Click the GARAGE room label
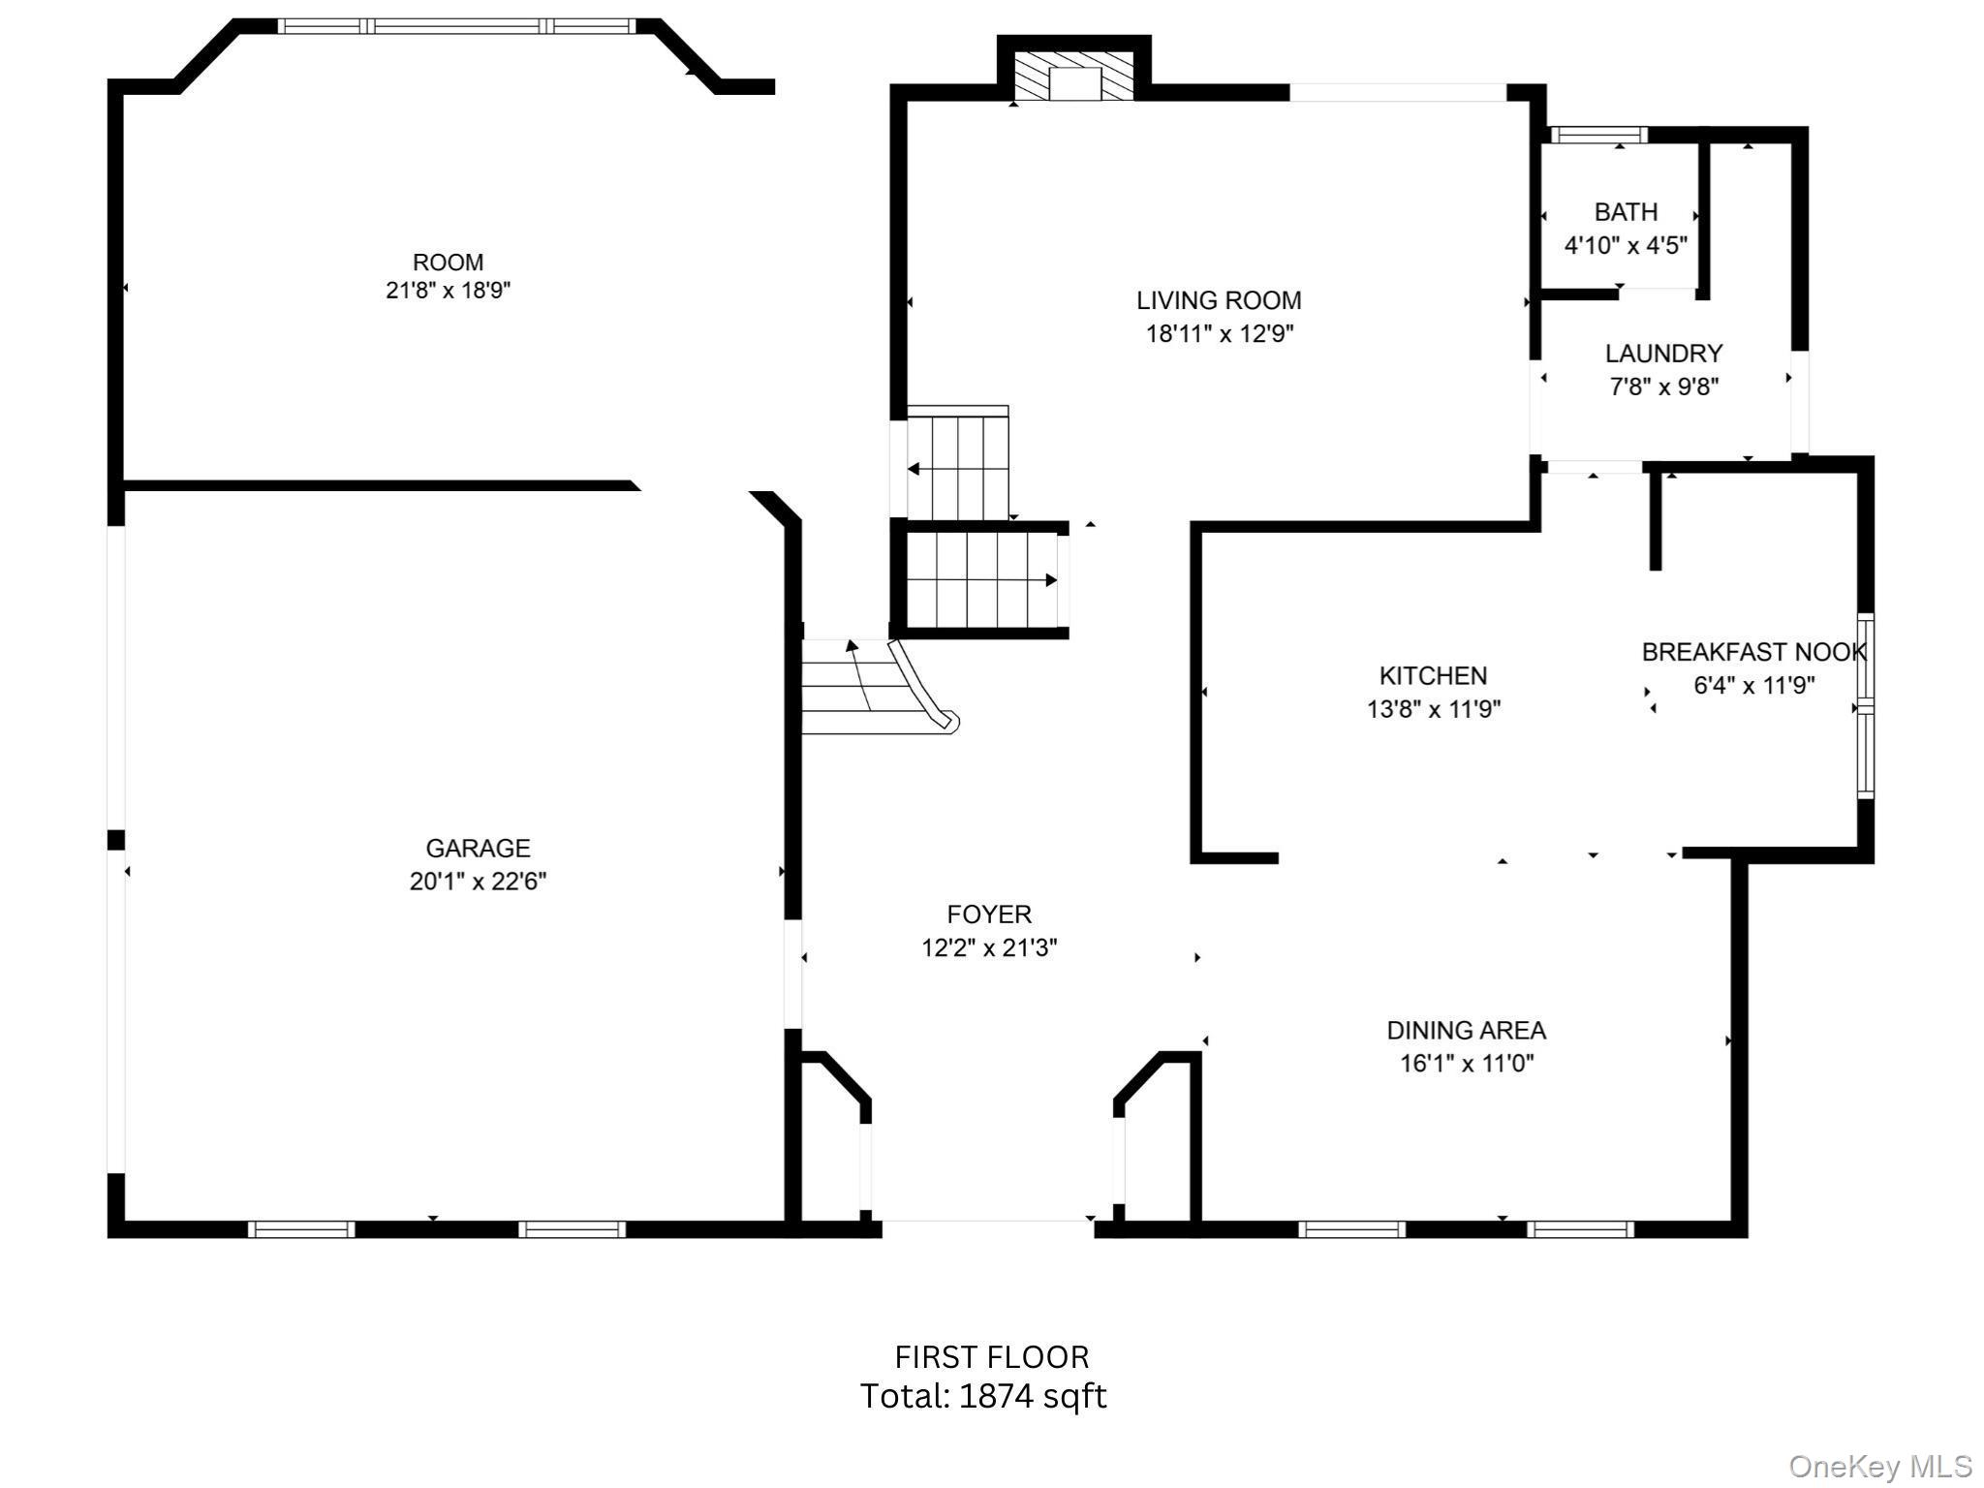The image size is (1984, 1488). click(478, 849)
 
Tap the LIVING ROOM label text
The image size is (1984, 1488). click(1219, 301)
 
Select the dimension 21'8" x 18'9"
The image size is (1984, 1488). click(448, 291)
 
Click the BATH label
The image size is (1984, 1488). click(1626, 212)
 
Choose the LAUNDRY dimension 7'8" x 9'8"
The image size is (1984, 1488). click(1663, 387)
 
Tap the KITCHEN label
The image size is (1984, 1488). click(1433, 676)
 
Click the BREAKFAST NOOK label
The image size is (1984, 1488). click(1753, 653)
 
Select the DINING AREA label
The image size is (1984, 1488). click(1466, 1031)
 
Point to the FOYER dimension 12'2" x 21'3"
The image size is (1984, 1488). click(988, 948)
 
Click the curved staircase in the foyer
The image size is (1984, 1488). click(877, 686)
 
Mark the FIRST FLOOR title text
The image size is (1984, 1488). click(991, 1357)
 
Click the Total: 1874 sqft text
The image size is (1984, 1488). click(983, 1397)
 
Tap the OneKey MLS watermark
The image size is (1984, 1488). click(1879, 1467)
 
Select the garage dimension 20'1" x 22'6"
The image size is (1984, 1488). click(478, 882)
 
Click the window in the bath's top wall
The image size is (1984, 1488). click(1598, 135)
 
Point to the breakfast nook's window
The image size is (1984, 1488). click(1865, 706)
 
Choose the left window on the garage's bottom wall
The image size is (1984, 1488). click(301, 1229)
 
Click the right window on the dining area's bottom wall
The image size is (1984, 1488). click(1580, 1229)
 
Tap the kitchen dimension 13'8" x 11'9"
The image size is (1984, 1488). click(1433, 710)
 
